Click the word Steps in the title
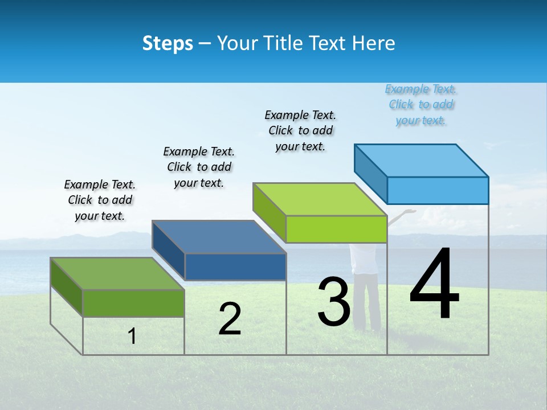pyautogui.click(x=168, y=43)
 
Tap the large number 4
pyautogui.click(x=434, y=285)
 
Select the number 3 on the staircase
pyautogui.click(x=334, y=302)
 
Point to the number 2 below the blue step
pyautogui.click(x=230, y=319)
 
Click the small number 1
pyautogui.click(x=132, y=337)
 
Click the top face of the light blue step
pyautogui.click(x=422, y=160)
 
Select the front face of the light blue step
pyautogui.click(x=438, y=190)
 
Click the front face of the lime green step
pyautogui.click(x=336, y=229)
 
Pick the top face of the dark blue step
pyautogui.click(x=219, y=237)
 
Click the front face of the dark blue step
pyautogui.click(x=235, y=267)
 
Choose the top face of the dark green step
pyautogui.click(x=117, y=273)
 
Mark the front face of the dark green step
pyautogui.click(x=133, y=303)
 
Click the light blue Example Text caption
pyautogui.click(x=421, y=105)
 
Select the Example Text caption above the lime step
pyautogui.click(x=300, y=130)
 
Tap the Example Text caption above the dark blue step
pyautogui.click(x=199, y=167)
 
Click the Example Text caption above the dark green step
pyautogui.click(x=100, y=200)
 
